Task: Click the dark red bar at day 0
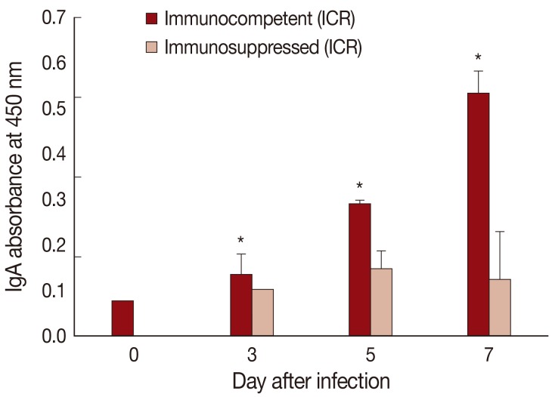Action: [x=122, y=318]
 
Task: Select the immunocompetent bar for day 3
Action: [x=241, y=305]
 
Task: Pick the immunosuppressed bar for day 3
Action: [x=262, y=312]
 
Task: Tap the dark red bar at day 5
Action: [x=360, y=269]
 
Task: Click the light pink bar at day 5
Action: [x=381, y=302]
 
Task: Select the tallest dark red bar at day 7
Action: [x=478, y=214]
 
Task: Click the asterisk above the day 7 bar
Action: [x=478, y=57]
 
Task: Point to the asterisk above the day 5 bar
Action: [x=360, y=186]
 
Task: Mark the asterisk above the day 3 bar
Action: [x=241, y=241]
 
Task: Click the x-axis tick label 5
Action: [x=370, y=354]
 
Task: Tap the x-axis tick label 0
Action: [x=133, y=354]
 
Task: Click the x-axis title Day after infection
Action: [x=311, y=379]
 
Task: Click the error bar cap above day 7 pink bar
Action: [x=500, y=232]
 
